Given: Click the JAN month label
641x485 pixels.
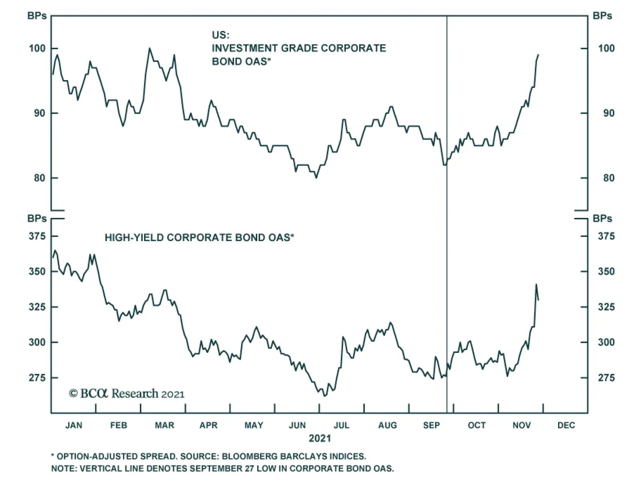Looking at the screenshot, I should point(74,425).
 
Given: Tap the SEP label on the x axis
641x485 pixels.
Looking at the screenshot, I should point(431,425).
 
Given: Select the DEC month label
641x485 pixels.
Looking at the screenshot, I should point(566,425).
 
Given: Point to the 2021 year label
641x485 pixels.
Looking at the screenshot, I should point(320,439).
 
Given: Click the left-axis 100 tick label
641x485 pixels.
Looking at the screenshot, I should point(37,48).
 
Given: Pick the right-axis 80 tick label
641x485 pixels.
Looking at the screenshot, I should point(609,178).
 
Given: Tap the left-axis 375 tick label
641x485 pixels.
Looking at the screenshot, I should point(37,236).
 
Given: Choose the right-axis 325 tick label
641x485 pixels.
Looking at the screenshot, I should point(606,307).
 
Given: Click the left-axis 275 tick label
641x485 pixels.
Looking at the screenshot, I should point(37,378).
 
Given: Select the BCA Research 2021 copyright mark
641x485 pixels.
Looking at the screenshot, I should point(127,394).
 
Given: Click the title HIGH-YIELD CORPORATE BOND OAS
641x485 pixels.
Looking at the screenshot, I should point(199,238).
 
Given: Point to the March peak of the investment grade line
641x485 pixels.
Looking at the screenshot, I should point(149,48).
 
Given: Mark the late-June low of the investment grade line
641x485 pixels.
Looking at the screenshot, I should point(316,177).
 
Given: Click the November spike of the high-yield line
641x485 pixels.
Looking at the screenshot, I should point(536,285).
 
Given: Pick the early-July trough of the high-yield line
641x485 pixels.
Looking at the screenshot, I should point(325,396).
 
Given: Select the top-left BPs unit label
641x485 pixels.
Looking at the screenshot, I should point(37,16).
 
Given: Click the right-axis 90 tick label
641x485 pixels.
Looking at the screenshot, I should point(609,113).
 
